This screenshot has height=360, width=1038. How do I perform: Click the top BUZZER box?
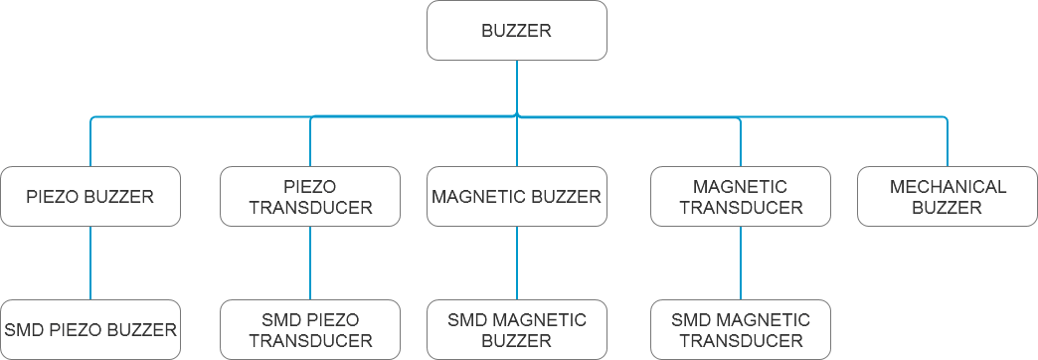tap(516, 31)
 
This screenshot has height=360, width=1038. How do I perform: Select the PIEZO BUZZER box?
tap(90, 196)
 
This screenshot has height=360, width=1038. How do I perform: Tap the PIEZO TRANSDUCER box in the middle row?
tap(310, 196)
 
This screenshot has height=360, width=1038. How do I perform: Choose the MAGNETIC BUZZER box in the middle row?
tap(516, 196)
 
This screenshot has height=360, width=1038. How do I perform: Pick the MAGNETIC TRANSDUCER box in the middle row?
tap(741, 196)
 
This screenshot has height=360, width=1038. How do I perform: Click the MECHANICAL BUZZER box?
tap(948, 196)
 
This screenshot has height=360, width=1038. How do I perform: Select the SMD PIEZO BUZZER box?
tap(90, 329)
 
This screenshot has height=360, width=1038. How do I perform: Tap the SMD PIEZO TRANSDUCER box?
tap(310, 329)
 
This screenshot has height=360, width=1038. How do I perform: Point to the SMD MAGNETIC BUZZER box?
tap(516, 329)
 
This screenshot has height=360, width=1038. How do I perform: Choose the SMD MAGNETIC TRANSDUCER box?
tap(741, 329)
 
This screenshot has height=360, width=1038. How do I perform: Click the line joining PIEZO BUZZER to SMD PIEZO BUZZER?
tap(90, 263)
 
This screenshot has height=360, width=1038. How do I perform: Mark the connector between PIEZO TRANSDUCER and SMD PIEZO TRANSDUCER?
tap(310, 263)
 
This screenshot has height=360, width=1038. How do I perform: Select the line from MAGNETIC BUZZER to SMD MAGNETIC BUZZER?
tap(516, 263)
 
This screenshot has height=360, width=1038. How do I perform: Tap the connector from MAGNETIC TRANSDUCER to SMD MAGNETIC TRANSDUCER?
tap(741, 263)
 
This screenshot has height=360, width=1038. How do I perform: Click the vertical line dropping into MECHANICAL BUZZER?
tap(948, 144)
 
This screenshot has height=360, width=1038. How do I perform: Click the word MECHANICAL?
tap(948, 186)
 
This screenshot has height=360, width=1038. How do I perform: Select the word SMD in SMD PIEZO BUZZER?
tap(23, 329)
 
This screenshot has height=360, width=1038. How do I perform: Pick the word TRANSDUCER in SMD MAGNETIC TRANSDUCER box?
tap(741, 340)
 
